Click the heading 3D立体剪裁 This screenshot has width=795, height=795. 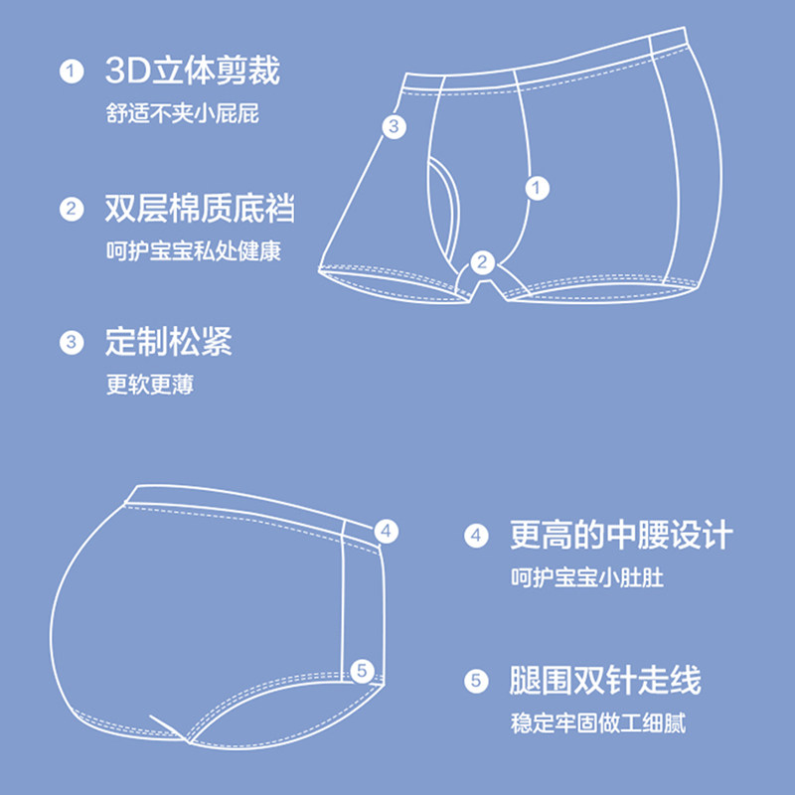(192, 72)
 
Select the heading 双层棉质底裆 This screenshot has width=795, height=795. (200, 209)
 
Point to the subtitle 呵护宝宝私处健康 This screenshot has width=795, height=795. (194, 250)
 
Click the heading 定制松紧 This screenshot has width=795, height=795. (168, 343)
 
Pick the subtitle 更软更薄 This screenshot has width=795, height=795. (150, 385)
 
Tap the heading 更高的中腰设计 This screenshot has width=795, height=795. (621, 536)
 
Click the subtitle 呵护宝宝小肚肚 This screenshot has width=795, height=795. (587, 577)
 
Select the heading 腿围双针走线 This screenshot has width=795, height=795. (605, 681)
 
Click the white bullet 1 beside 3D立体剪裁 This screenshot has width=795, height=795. (71, 73)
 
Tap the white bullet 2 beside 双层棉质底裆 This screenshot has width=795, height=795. (71, 210)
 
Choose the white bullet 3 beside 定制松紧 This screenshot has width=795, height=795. (71, 344)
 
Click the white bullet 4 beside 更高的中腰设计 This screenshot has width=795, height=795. (476, 537)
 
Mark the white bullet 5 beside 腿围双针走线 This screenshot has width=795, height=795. (476, 682)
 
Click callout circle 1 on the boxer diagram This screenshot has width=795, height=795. (537, 187)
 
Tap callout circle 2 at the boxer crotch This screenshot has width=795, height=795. (482, 262)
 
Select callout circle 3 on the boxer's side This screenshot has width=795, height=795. (394, 126)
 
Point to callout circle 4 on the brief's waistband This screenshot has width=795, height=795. (387, 532)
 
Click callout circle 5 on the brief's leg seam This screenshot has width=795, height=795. (363, 671)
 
